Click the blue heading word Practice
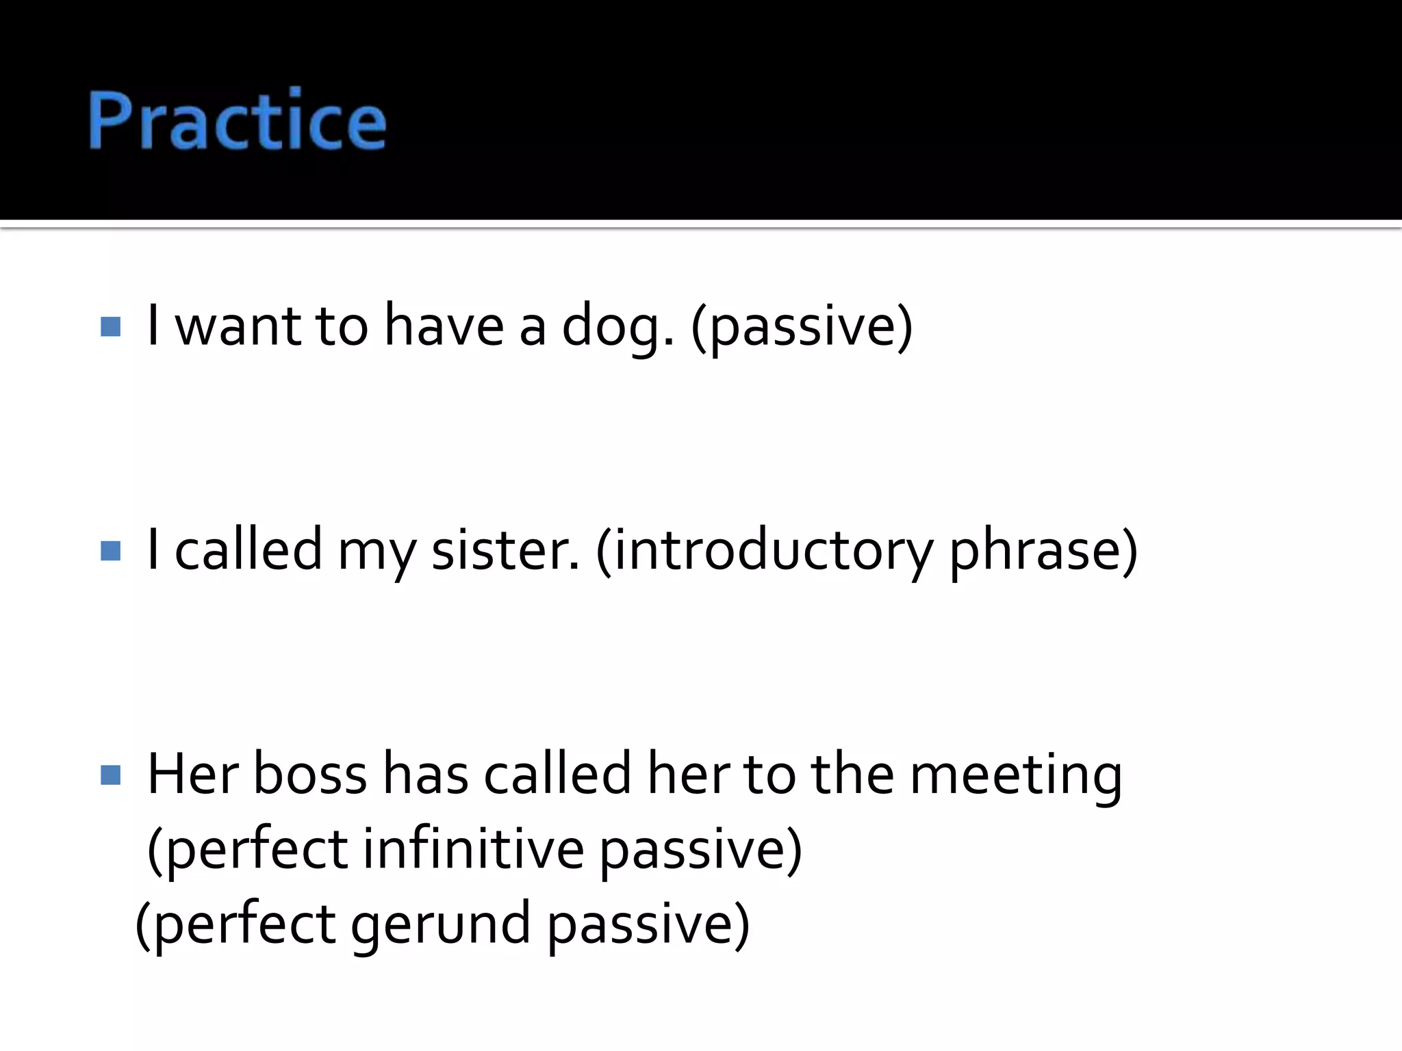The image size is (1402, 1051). (x=237, y=120)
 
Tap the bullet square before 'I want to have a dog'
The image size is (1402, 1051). (x=110, y=326)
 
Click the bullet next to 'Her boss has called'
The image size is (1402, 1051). (x=110, y=775)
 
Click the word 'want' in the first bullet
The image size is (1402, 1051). (x=238, y=327)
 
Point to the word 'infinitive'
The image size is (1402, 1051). (x=473, y=850)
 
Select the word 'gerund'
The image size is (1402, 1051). (x=441, y=925)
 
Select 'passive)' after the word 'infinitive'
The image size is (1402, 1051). (x=701, y=851)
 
